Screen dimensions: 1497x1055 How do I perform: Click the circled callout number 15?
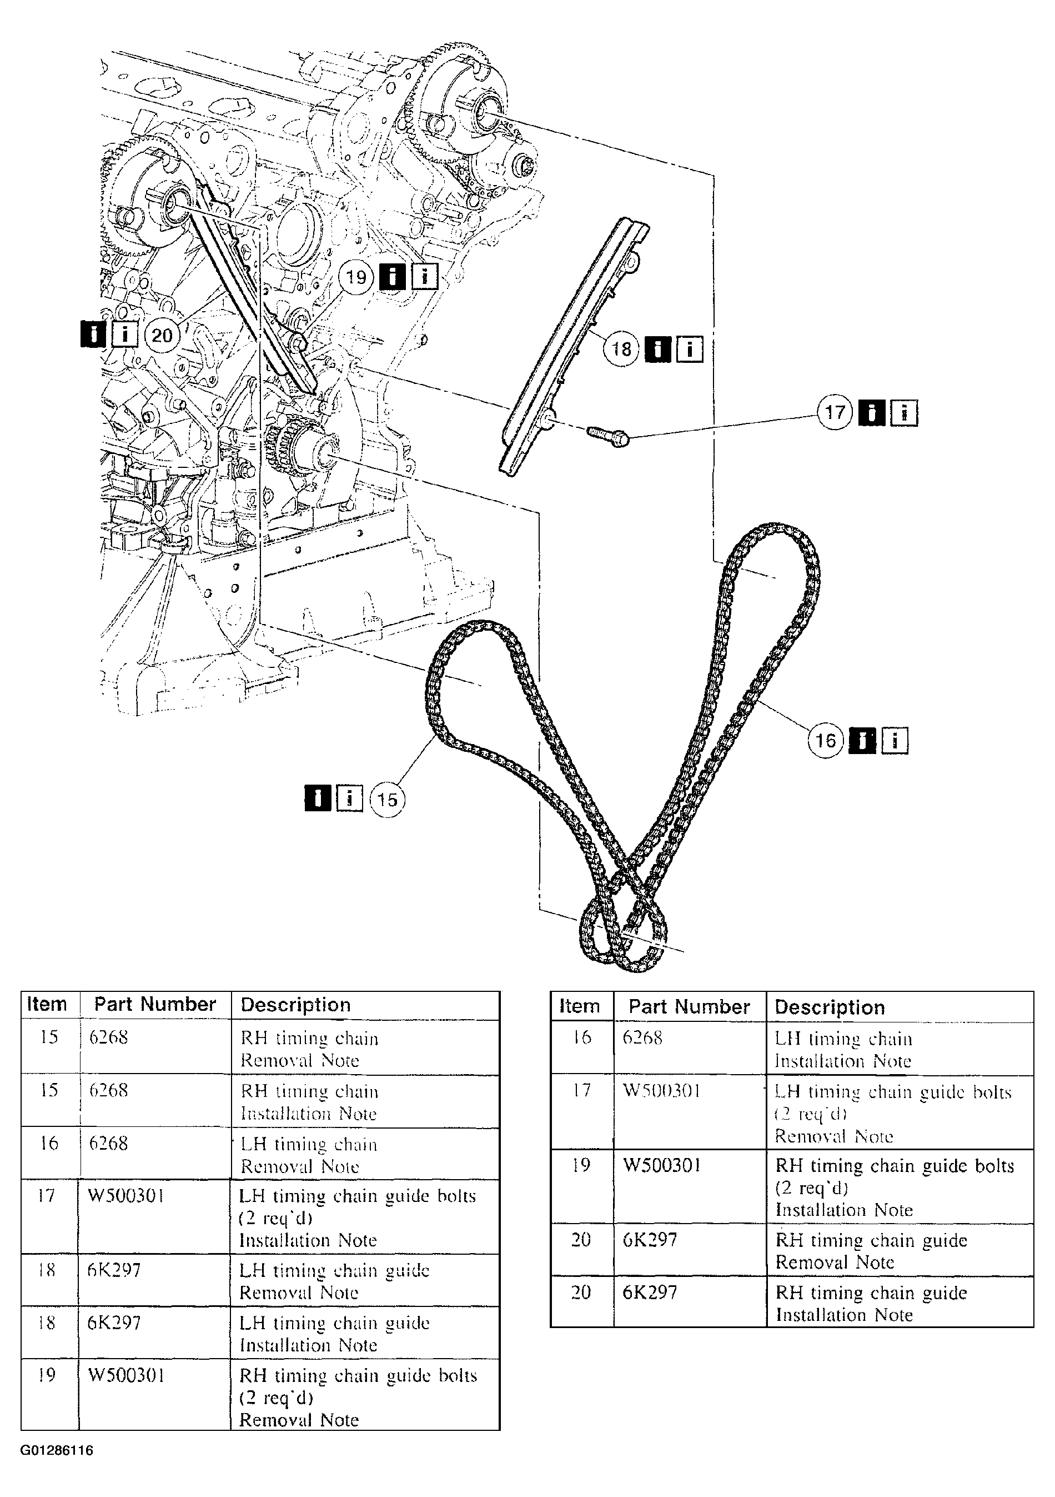[387, 800]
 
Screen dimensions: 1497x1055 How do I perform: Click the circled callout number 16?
[826, 741]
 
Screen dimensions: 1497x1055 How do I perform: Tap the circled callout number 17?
[835, 412]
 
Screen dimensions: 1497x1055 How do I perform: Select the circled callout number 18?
[621, 349]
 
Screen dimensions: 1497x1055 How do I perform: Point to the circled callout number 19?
[356, 277]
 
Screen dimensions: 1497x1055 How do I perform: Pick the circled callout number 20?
[161, 335]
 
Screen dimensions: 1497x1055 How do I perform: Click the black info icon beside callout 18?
[657, 350]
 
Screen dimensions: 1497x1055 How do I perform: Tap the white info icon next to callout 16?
[895, 741]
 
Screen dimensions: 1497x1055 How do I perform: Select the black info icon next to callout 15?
[318, 798]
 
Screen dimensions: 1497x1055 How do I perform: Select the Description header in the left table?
[295, 1005]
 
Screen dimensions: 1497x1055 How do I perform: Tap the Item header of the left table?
[47, 1004]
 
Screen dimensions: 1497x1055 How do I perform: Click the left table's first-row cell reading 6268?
[108, 1037]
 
